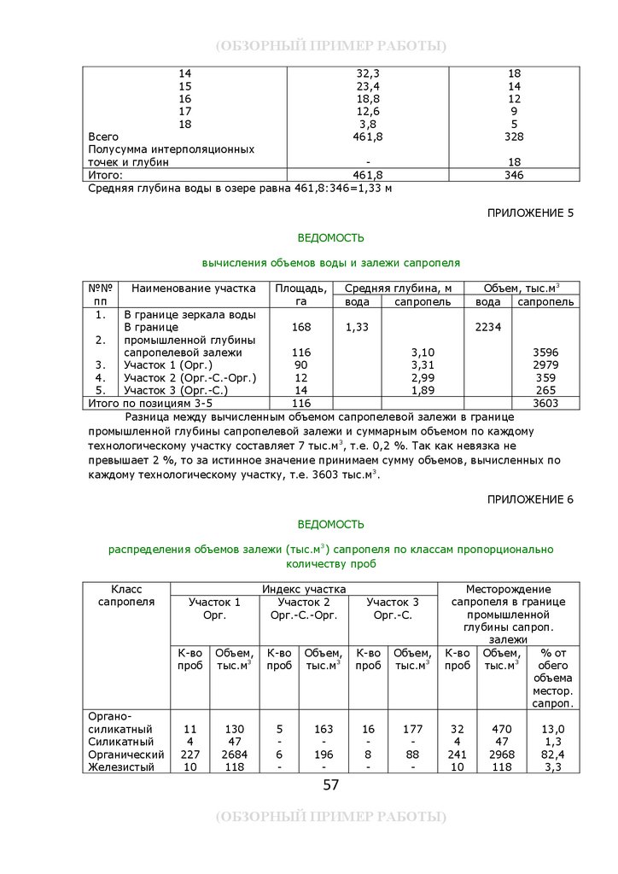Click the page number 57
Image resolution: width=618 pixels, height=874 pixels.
(x=331, y=785)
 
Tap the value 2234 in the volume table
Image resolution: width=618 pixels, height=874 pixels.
(x=488, y=327)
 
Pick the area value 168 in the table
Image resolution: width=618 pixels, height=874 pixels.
(x=300, y=327)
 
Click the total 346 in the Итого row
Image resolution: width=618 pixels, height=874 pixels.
(x=514, y=175)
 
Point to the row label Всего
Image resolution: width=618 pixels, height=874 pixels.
(x=103, y=137)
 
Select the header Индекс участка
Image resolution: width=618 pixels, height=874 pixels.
(x=304, y=589)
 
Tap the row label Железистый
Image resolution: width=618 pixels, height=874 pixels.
(x=120, y=767)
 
